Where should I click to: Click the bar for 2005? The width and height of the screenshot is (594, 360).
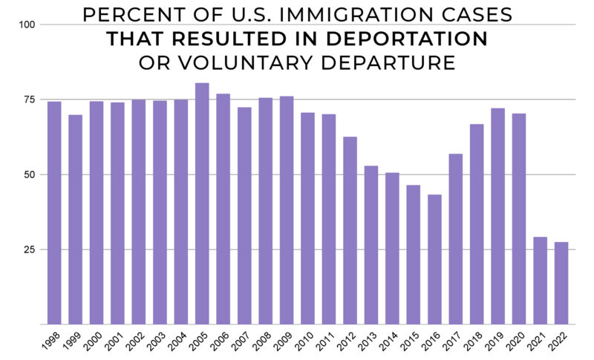(x=202, y=204)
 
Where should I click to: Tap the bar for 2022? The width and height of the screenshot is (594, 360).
(x=561, y=284)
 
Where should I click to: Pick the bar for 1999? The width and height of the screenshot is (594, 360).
(x=75, y=220)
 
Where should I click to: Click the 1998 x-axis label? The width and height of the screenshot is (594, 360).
(x=50, y=343)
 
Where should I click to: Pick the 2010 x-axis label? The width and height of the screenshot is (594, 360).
(x=304, y=343)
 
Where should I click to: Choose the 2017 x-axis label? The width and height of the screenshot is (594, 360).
(x=451, y=343)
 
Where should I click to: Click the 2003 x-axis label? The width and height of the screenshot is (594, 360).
(x=156, y=343)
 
